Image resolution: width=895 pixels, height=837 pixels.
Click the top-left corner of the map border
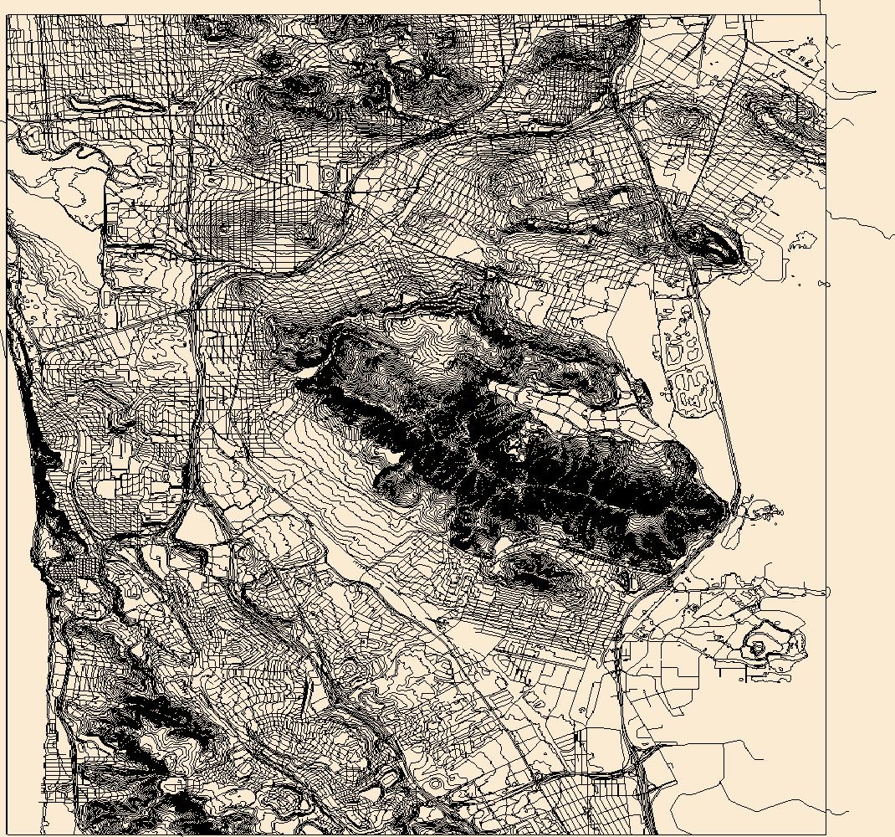pos(7,15)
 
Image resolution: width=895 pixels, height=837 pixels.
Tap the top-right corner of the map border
pos(826,15)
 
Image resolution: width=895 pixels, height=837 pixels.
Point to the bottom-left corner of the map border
pos(7,834)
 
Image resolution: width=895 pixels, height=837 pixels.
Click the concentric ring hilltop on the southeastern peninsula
pos(759,647)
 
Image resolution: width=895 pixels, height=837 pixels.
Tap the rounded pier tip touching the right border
pos(823,592)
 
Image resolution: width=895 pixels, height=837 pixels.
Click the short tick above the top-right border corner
pos(821,7)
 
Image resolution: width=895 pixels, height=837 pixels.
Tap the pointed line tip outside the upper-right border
pos(875,92)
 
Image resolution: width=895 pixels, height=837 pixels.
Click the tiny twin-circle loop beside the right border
pos(823,284)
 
